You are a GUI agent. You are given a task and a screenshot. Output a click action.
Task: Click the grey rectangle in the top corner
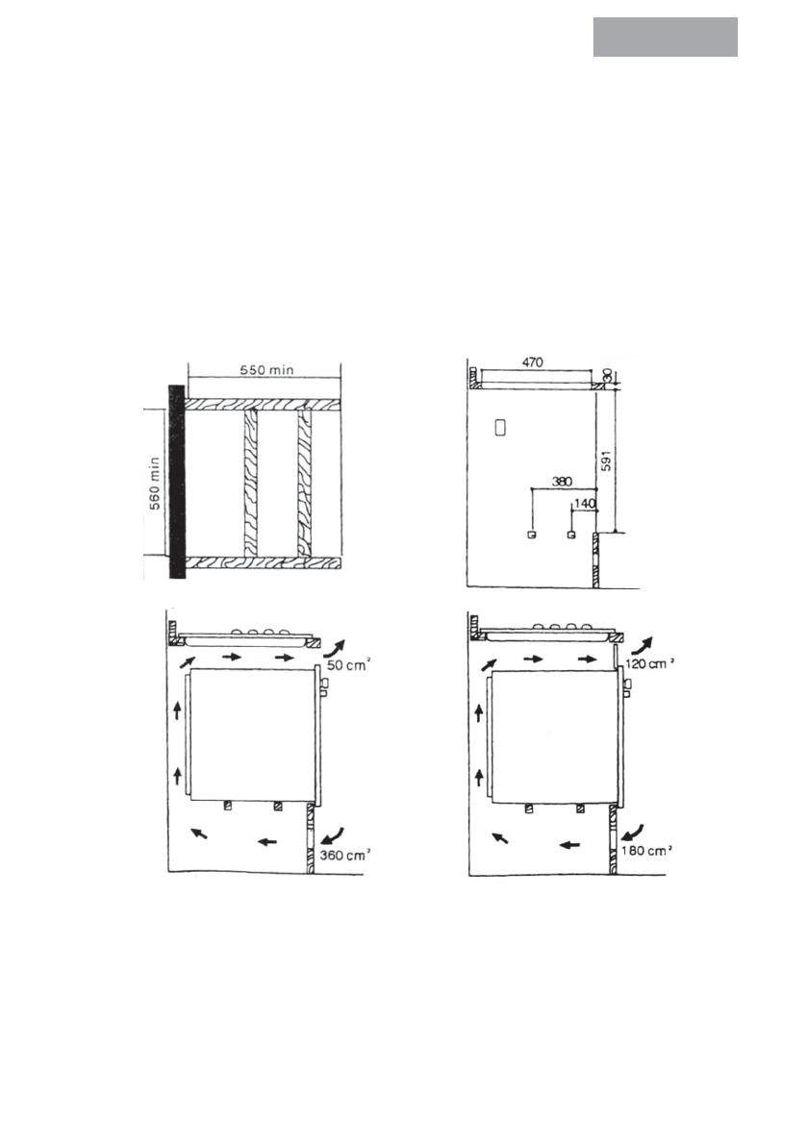pos(666,37)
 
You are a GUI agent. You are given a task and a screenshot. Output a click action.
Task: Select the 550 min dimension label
pos(266,369)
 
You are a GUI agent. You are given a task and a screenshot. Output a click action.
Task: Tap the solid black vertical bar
pos(176,482)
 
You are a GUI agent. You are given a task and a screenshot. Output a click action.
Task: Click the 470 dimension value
pos(533,362)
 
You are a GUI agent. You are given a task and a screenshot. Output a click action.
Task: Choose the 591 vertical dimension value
pos(606,460)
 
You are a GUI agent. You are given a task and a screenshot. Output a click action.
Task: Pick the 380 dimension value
pos(563,482)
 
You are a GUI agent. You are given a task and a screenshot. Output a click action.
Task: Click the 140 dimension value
pos(585,503)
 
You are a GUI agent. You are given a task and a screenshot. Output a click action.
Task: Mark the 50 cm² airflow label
pos(348,664)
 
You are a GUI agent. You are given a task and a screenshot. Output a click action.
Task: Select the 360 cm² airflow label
pos(344,855)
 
